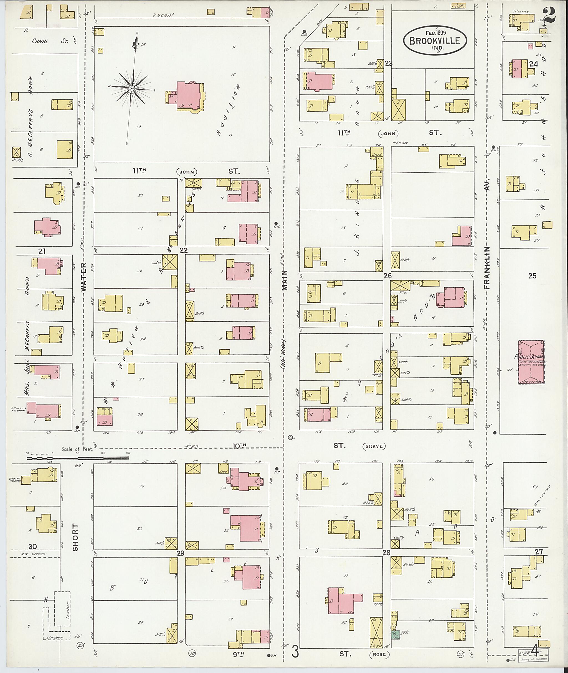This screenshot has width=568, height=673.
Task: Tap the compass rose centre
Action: [132, 88]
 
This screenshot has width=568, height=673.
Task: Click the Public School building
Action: [531, 362]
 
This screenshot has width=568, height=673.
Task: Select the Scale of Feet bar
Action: [78, 457]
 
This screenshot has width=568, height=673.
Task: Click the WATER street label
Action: [84, 277]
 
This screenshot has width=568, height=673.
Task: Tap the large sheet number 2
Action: [548, 16]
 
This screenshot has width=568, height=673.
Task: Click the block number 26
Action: [387, 276]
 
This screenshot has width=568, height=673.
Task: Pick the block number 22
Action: [184, 250]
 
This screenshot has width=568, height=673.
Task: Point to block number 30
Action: [32, 547]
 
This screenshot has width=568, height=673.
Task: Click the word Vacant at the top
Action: [163, 15]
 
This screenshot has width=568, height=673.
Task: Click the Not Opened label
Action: [32, 554]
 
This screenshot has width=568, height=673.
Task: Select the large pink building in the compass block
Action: [190, 96]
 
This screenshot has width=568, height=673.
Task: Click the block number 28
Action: [386, 553]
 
